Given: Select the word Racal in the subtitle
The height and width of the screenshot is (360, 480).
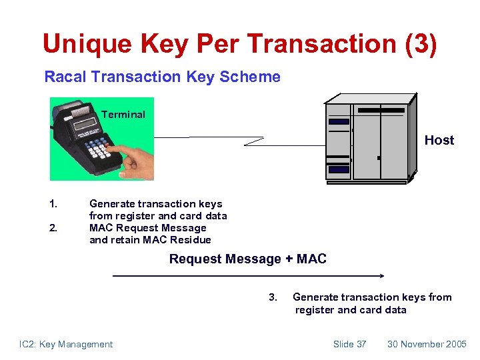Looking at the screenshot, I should tap(65, 77).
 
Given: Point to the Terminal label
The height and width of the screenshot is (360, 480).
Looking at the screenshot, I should tap(123, 115).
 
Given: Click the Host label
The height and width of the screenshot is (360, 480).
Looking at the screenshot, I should tap(439, 140).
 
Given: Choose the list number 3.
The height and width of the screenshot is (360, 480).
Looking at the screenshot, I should tap(272, 297).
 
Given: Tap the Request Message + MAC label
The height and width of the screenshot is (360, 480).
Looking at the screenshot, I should tap(247, 259).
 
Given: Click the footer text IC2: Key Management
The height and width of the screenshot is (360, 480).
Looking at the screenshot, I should tap(66, 344).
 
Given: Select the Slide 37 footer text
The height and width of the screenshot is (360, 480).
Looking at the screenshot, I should tap(349, 344).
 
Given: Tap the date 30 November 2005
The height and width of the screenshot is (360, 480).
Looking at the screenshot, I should tap(427, 344).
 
